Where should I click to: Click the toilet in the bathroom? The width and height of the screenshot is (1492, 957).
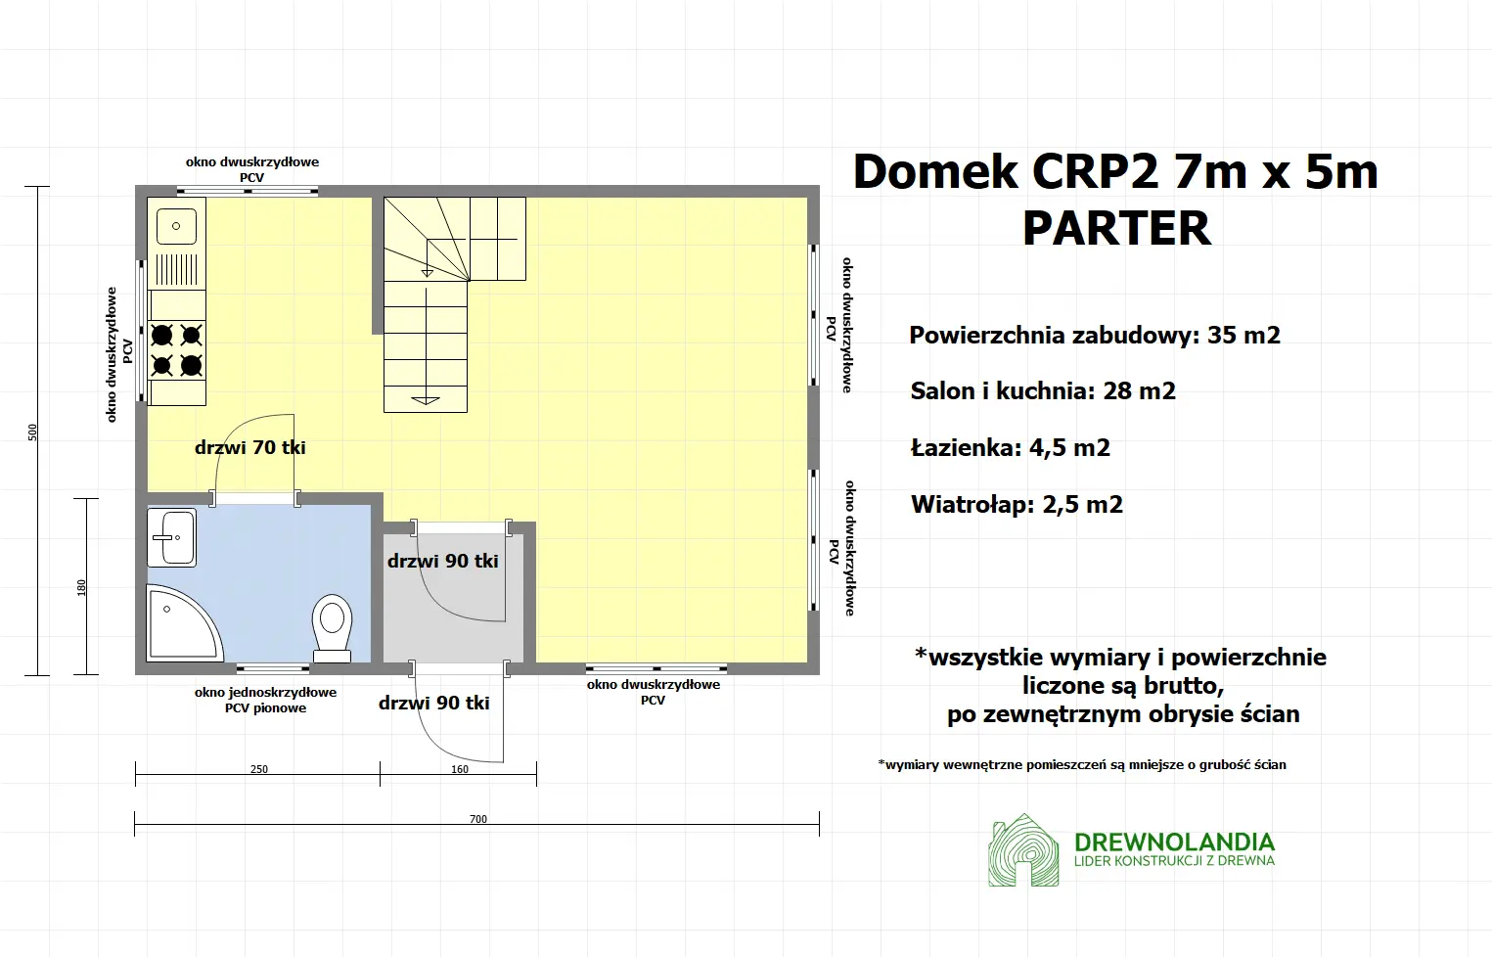333,626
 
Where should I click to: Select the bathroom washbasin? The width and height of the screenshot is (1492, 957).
172,537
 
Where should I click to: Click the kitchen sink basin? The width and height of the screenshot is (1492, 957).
177,227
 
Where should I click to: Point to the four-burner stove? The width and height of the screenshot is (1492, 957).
177,350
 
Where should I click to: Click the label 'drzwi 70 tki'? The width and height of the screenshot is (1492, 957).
250,448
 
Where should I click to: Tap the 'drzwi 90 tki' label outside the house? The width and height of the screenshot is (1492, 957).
434,703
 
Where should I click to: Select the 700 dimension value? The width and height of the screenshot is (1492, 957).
477,819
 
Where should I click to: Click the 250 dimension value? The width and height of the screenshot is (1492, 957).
258,769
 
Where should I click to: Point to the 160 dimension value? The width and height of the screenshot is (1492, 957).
460,769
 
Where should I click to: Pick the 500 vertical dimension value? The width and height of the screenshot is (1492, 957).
32,432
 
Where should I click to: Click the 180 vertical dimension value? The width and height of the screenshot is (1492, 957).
81,587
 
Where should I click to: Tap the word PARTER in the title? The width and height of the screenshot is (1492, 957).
1116,229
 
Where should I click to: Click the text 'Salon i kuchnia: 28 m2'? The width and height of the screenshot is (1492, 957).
1043,391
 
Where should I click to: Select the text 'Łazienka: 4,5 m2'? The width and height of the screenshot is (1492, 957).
1010,448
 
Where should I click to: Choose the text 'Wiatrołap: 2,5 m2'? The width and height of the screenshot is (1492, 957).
1017,505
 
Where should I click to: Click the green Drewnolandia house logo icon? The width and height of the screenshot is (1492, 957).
1023,850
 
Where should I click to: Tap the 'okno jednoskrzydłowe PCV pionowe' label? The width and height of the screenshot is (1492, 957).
265,700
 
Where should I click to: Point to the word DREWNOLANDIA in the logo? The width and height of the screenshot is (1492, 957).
1174,843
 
